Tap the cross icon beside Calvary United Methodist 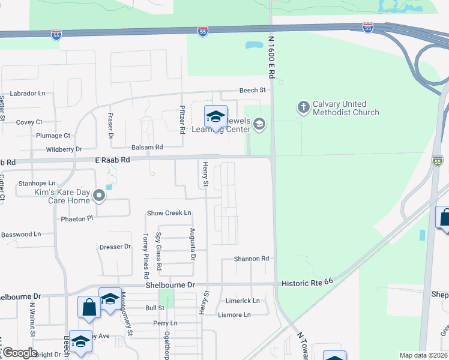point(303,107)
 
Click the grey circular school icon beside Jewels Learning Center point(259,124)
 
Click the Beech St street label point(252,90)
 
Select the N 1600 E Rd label point(271,57)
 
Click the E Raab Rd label point(112,160)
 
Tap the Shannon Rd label point(251,259)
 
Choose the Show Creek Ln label point(169,213)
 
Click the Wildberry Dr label point(64,149)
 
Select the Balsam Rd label point(147,147)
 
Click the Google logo point(20,353)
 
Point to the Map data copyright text point(424,355)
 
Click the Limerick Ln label point(243,301)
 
